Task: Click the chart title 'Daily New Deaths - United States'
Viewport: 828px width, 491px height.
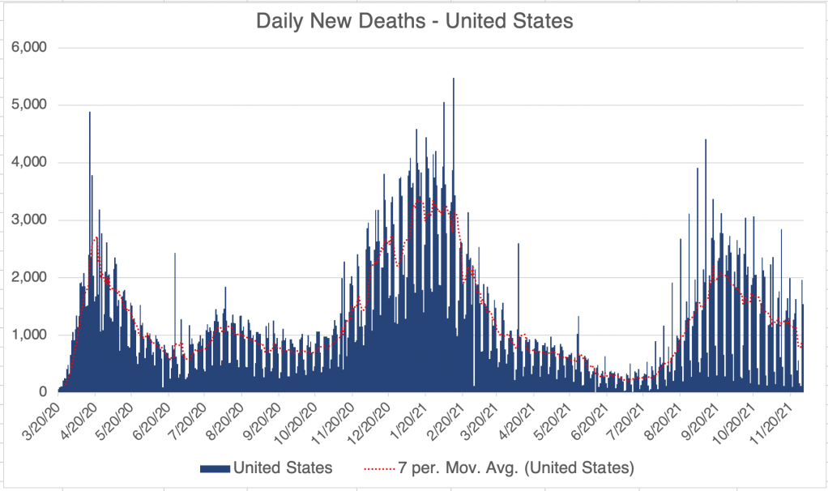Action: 414,21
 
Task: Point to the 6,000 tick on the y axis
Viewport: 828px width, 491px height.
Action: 29,48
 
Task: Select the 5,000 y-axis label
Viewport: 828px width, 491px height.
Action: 29,105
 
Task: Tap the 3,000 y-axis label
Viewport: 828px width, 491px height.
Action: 29,220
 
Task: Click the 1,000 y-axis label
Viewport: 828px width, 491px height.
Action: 29,335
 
